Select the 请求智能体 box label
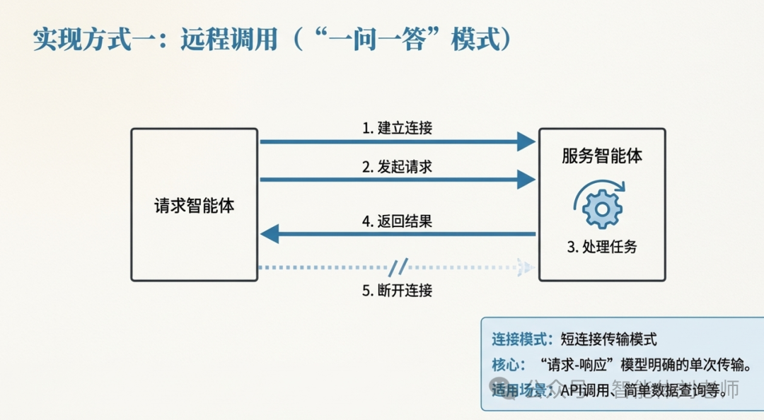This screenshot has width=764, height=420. (x=195, y=206)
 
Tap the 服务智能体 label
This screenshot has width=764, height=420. (x=602, y=156)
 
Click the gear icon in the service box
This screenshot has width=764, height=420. (x=601, y=207)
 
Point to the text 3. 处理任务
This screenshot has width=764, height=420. (x=602, y=247)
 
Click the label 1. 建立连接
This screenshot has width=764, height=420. (x=397, y=128)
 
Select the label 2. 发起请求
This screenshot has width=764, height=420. (x=397, y=167)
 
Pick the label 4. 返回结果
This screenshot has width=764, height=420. (x=397, y=221)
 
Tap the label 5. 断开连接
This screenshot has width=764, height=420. (x=397, y=290)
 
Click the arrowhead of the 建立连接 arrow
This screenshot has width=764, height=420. (x=526, y=141)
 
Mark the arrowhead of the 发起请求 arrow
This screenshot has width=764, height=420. (x=526, y=180)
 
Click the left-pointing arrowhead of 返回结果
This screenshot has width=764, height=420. (x=270, y=233)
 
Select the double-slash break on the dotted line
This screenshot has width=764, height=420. (x=398, y=267)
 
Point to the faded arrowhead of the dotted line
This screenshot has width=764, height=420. (x=526, y=267)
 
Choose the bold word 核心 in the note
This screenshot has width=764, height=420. (x=507, y=365)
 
